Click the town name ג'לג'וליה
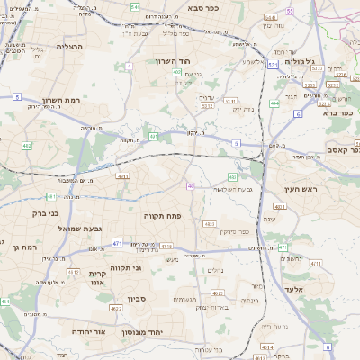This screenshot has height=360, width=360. (x=298, y=61)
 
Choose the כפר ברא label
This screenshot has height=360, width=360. (x=343, y=115)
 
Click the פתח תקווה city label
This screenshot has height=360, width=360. (x=163, y=216)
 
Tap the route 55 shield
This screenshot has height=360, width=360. (x=290, y=10)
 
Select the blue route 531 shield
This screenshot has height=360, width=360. (x=154, y=137)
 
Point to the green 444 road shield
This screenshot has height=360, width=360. (x=274, y=103)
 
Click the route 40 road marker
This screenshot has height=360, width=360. (x=192, y=185)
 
